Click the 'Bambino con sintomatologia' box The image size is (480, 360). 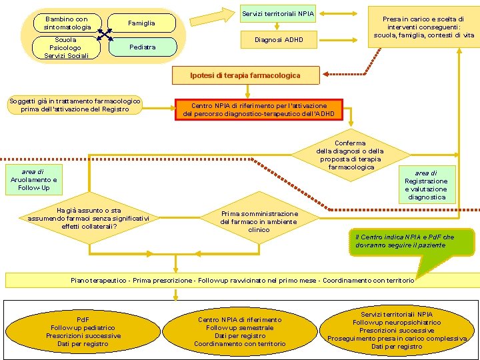click(x=67, y=23)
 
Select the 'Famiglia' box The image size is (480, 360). click(x=141, y=23)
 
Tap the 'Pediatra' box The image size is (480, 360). click(x=141, y=47)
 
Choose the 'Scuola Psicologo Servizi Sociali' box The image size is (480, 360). click(x=65, y=48)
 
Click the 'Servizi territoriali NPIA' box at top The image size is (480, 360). click(x=278, y=13)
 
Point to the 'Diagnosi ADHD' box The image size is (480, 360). click(x=278, y=40)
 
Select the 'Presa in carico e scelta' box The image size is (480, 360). click(x=424, y=27)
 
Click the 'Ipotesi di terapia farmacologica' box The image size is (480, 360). click(x=245, y=75)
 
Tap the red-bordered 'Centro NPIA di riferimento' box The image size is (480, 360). click(x=259, y=110)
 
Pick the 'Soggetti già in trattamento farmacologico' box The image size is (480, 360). click(x=75, y=105)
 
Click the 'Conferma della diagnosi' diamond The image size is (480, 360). click(x=350, y=155)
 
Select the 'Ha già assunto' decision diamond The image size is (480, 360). click(x=89, y=217)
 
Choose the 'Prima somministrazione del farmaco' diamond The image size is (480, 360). click(x=259, y=221)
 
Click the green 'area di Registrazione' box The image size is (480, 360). click(x=426, y=185)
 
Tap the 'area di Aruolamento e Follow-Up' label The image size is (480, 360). click(x=34, y=180)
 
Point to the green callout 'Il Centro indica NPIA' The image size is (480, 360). click(x=413, y=241)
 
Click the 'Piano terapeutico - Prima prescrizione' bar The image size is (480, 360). click(x=242, y=281)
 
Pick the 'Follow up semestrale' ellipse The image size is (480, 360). click(x=240, y=332)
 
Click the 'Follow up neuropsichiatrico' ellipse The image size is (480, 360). click(x=397, y=330)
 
